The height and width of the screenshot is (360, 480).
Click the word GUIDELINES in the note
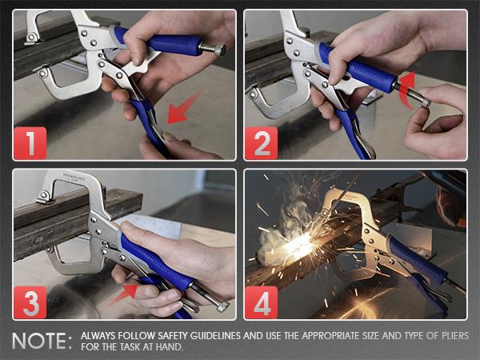pyautogui.click(x=239, y=335)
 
